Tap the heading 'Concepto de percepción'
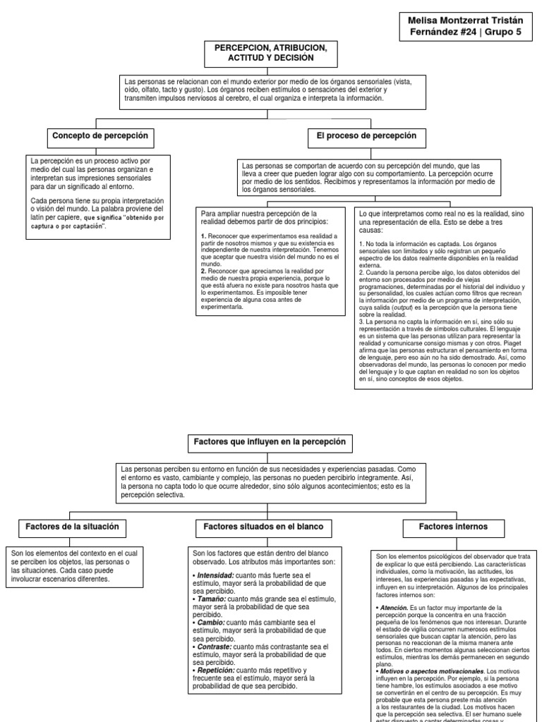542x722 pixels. click(100, 135)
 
